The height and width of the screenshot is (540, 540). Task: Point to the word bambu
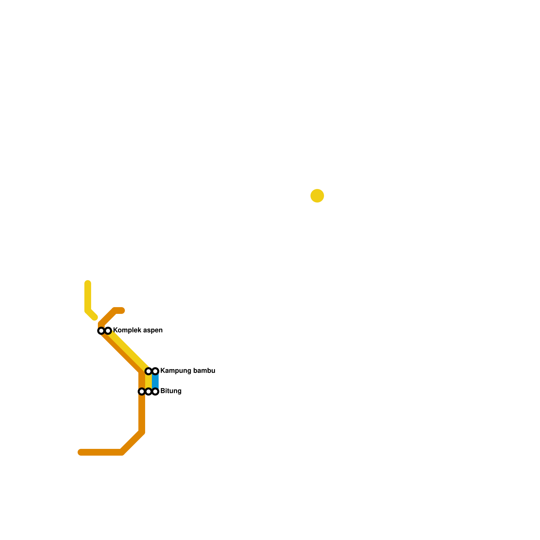204,371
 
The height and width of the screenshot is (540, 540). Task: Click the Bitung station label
171,391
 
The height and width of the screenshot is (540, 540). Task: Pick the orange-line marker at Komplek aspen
101,331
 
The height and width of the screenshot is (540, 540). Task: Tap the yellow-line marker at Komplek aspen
108,331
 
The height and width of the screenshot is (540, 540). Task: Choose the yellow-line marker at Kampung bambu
148,371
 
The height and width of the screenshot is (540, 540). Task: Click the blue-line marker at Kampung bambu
155,371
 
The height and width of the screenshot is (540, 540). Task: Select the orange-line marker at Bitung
142,391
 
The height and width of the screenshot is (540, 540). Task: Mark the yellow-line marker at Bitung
148,391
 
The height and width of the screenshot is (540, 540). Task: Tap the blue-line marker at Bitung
155,391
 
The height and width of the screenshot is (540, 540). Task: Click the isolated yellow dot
317,196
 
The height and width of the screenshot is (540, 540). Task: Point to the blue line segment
155,381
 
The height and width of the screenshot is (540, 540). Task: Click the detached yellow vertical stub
88,297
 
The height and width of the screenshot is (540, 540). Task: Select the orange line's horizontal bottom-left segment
101,452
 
